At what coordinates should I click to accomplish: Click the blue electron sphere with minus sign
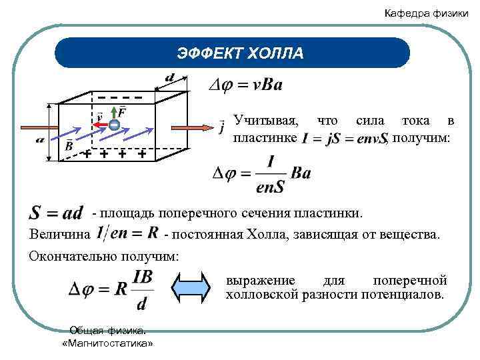[x=115, y=125]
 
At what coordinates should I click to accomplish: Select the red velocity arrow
[x=100, y=125]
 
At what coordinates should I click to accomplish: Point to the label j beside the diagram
[x=221, y=126]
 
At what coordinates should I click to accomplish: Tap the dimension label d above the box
[x=170, y=78]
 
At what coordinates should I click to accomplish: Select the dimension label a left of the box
[x=40, y=141]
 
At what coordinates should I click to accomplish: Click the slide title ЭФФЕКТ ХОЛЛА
[x=240, y=53]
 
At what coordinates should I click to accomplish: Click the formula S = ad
[x=57, y=213]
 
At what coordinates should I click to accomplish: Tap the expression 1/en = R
[x=127, y=234]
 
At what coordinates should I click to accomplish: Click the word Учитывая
[x=266, y=121]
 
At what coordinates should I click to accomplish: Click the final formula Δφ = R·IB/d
[x=110, y=289]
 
